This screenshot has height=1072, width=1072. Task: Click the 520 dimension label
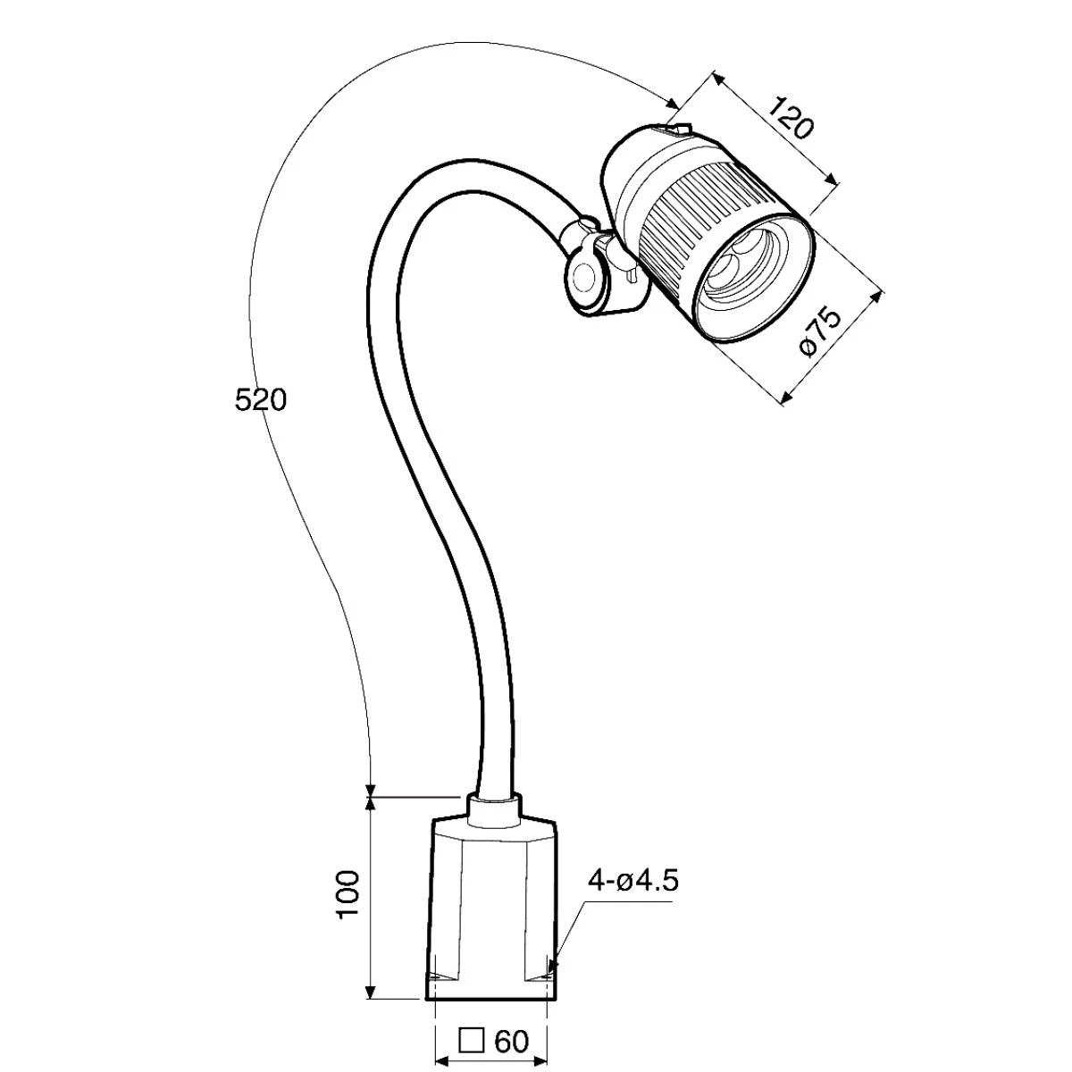pos(260,400)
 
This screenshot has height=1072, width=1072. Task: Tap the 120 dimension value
pos(790,127)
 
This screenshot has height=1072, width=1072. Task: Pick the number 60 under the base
pos(510,1042)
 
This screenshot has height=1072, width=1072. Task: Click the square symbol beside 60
pos(472,1042)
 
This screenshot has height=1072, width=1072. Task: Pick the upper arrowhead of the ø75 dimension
pos(877,295)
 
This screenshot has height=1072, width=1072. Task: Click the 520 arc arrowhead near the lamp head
pos(672,104)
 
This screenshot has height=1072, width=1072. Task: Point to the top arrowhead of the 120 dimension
pos(718,80)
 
